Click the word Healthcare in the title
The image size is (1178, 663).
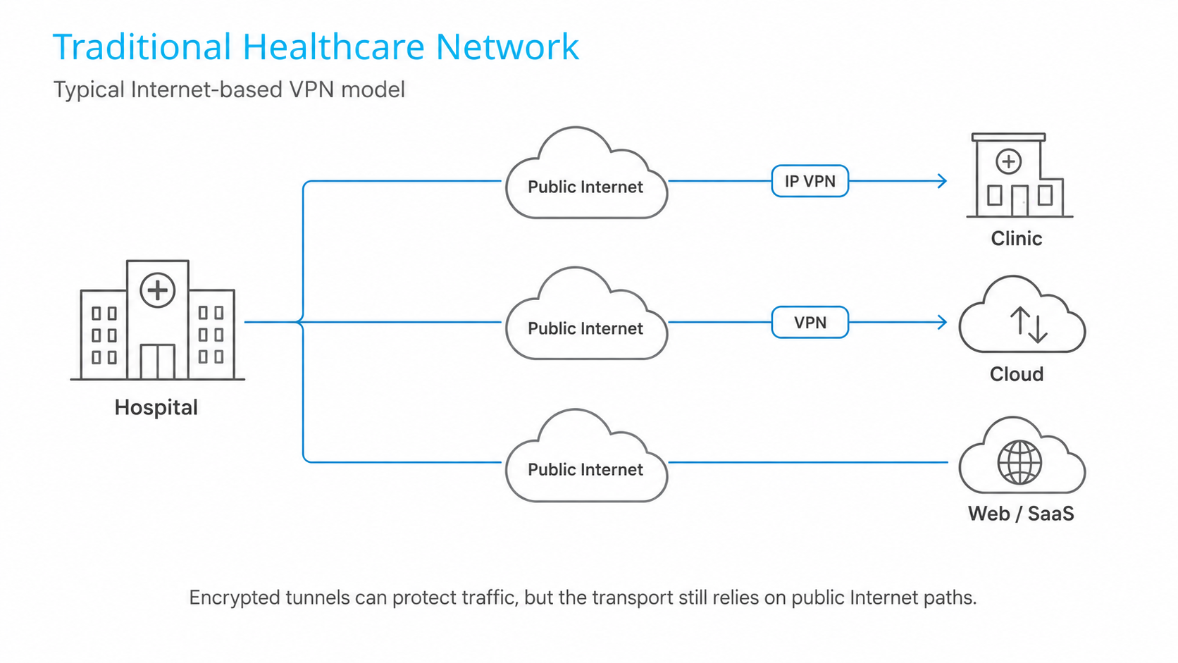(x=333, y=47)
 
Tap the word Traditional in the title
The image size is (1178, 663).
(x=142, y=47)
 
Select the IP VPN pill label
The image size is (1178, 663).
(x=810, y=181)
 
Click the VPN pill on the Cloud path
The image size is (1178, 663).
(x=810, y=322)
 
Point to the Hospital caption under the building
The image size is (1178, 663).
(x=156, y=408)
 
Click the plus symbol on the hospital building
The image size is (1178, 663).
(x=157, y=290)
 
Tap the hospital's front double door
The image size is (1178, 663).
(x=157, y=361)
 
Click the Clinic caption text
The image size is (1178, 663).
(x=1017, y=239)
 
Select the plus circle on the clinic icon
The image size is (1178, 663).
(x=1009, y=161)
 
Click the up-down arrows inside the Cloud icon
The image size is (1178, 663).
(x=1029, y=324)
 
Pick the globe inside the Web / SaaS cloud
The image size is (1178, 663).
(x=1019, y=462)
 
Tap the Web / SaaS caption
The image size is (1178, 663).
(x=1021, y=514)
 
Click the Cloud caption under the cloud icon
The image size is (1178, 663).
(x=1017, y=374)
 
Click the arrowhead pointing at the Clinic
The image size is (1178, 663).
(x=942, y=181)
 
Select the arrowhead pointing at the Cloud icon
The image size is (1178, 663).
(x=942, y=322)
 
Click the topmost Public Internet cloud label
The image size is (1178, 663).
(x=585, y=187)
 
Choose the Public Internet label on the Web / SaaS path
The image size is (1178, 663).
(x=585, y=469)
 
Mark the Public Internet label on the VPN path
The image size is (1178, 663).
(x=585, y=328)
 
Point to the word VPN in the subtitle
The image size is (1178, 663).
(x=312, y=89)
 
